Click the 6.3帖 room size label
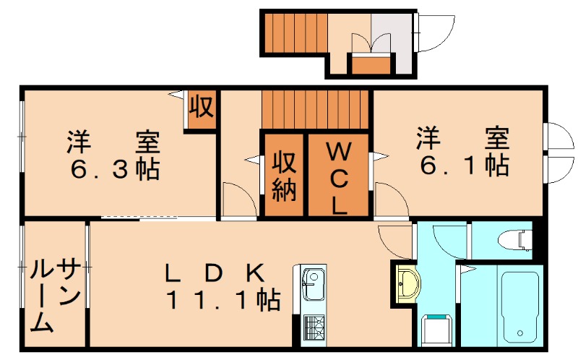click(115, 169)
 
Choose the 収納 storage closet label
click(285, 176)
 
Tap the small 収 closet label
click(201, 108)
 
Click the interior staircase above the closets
click(315, 108)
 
